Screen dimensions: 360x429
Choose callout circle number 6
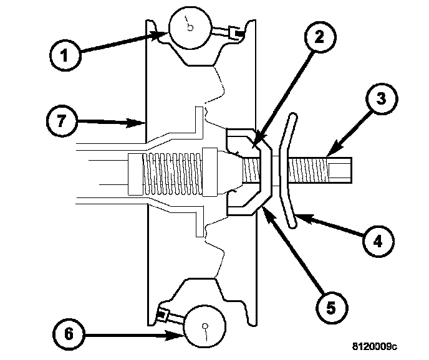coord(69,334)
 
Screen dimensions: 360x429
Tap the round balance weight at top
coord(188,27)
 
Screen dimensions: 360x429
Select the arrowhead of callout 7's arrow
coord(143,123)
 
